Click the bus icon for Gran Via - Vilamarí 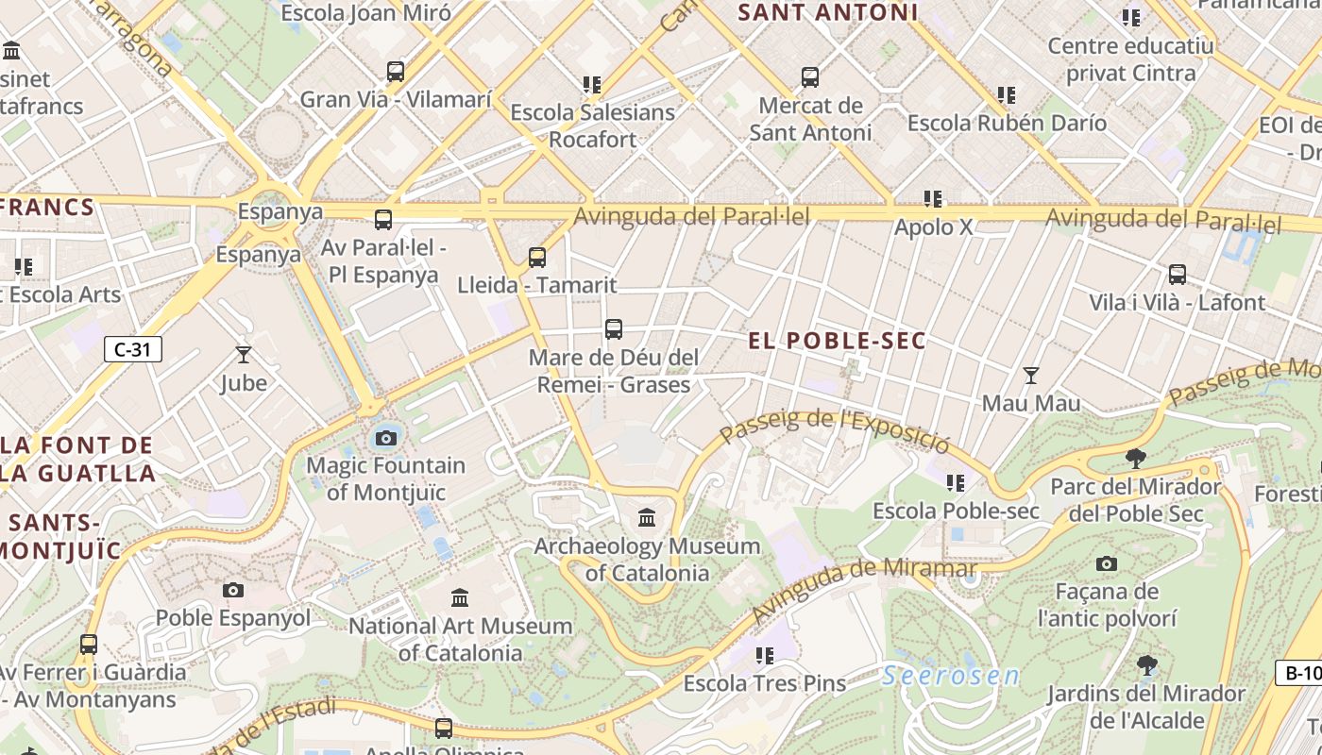coord(396,72)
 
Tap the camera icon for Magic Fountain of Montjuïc coord(385,438)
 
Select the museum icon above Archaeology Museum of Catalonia coord(647,518)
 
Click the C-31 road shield coord(133,349)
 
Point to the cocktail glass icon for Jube coord(244,356)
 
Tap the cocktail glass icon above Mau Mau coord(1031,376)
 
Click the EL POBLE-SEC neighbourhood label coord(838,341)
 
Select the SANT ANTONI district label coord(828,12)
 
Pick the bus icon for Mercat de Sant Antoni coord(809,77)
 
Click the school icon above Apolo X coord(933,199)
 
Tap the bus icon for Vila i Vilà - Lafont coord(1177,275)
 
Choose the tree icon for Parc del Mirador coord(1135,460)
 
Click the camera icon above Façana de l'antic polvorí coord(1107,564)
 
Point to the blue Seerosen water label coord(952,676)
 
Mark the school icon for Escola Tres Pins coord(764,655)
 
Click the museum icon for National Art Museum coord(460,597)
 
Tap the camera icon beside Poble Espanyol coord(233,591)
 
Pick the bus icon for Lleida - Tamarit coord(537,257)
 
